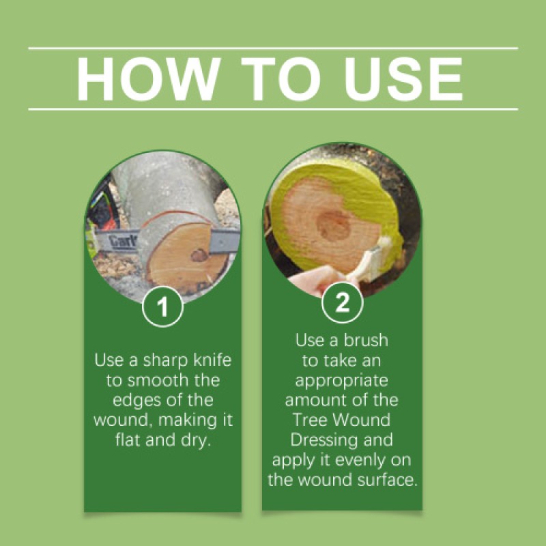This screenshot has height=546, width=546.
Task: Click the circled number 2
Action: (x=342, y=303)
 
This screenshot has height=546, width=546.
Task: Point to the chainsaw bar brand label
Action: (x=124, y=240)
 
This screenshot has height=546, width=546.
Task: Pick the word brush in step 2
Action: (x=368, y=339)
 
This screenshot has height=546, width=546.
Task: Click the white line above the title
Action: (x=273, y=48)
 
